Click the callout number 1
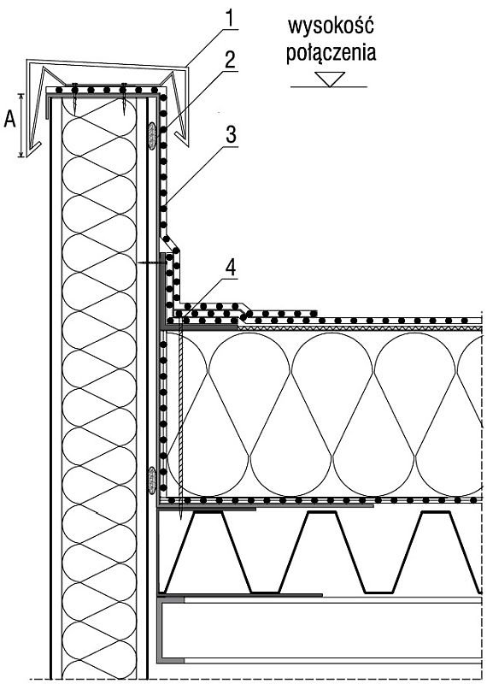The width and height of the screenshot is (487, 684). click(x=230, y=19)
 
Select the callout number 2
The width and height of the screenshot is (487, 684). click(x=230, y=60)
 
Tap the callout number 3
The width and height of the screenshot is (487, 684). click(x=231, y=135)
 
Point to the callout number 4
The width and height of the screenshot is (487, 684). click(x=230, y=267)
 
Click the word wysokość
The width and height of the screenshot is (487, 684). click(x=331, y=26)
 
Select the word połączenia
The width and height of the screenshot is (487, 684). click(x=331, y=53)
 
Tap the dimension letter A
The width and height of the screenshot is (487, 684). click(x=9, y=119)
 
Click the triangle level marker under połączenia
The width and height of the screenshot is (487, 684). click(x=330, y=79)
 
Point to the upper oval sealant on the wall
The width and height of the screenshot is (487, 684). click(x=152, y=136)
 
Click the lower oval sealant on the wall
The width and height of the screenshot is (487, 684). click(x=152, y=481)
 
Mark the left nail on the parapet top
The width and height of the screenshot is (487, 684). click(x=75, y=98)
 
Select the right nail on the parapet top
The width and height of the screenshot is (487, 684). click(x=124, y=98)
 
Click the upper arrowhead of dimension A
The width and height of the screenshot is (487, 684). click(x=21, y=96)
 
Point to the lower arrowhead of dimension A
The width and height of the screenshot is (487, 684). click(x=21, y=154)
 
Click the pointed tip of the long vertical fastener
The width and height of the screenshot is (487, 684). click(x=180, y=519)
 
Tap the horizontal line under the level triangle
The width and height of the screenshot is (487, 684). click(x=329, y=87)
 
